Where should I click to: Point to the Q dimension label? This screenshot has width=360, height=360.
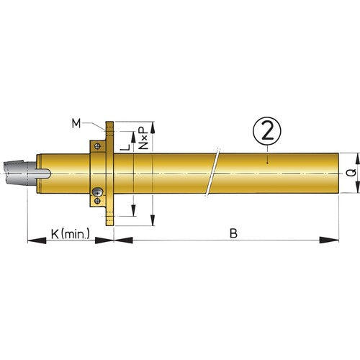(x=348, y=172)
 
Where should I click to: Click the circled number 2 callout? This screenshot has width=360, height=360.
(x=266, y=132)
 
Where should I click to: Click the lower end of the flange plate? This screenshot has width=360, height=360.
(x=109, y=225)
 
